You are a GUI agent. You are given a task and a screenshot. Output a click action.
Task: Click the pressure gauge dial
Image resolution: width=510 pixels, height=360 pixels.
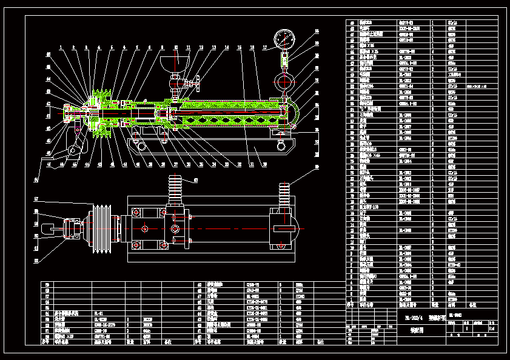(x=284, y=40)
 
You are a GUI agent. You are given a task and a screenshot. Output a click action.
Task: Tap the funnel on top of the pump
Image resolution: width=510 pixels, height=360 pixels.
(x=175, y=62)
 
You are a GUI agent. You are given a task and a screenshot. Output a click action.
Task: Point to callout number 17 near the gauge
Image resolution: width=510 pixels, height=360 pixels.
(x=264, y=47)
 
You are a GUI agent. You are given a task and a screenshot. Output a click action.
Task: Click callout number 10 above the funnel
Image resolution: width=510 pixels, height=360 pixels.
(x=176, y=47)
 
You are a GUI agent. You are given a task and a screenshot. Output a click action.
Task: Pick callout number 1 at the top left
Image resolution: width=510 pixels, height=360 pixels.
(x=60, y=47)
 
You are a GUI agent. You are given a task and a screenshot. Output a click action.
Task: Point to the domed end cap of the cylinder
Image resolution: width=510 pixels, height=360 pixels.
(x=293, y=113)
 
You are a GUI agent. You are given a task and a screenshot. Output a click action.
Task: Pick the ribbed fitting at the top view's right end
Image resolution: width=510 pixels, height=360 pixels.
(x=283, y=195)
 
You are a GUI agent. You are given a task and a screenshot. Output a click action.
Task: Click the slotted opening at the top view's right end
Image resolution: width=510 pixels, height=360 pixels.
(x=285, y=228)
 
